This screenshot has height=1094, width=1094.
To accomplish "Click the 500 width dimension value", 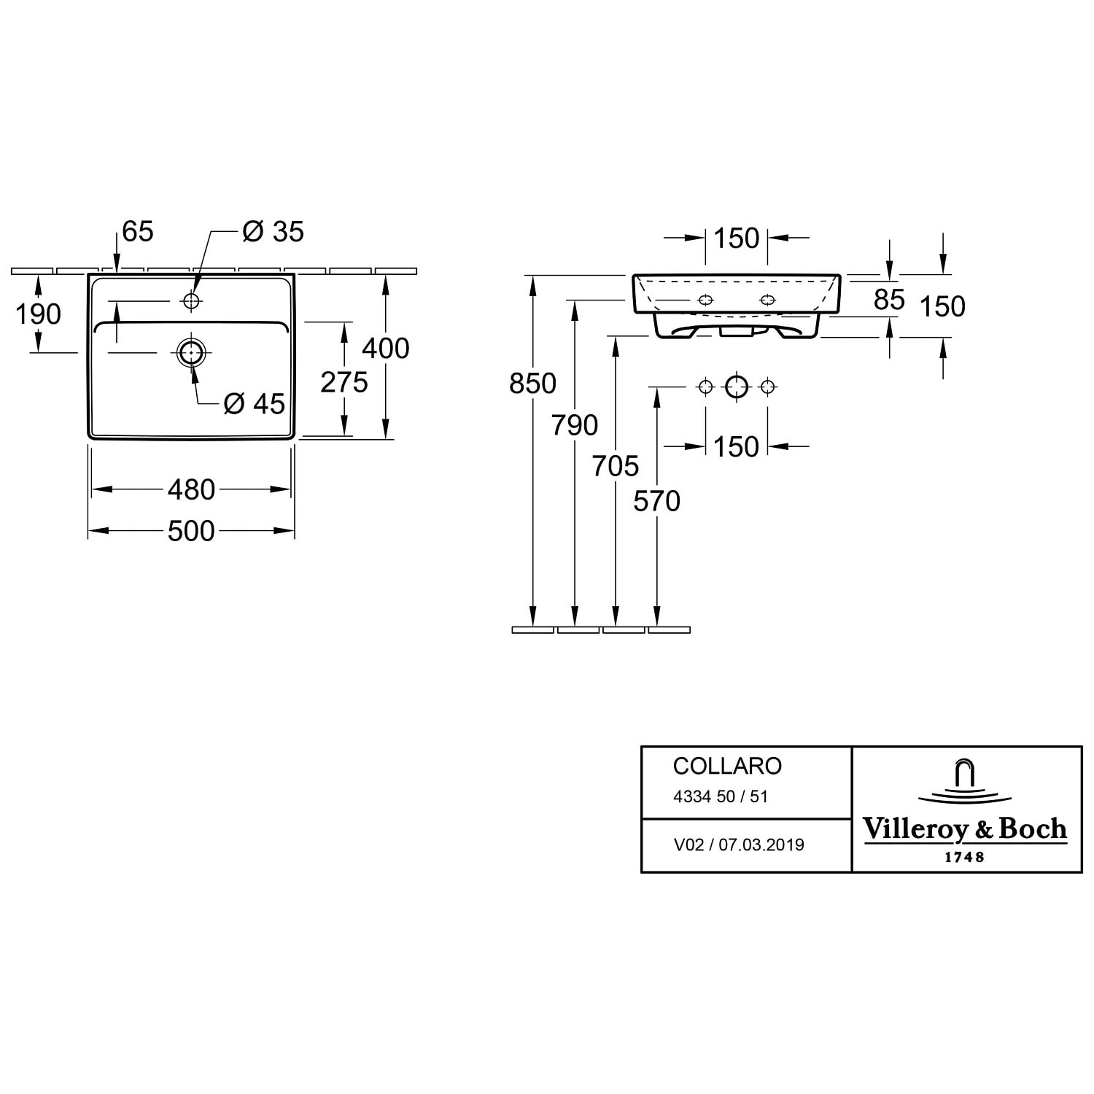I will tap(191, 531).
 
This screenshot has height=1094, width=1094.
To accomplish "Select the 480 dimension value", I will tap(191, 489).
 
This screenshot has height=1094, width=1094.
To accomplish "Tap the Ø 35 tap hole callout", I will tap(273, 232).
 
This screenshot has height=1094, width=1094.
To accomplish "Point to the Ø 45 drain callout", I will tap(255, 403).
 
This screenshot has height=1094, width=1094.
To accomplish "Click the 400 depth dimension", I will tap(386, 348).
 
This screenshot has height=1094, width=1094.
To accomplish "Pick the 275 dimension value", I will tap(344, 381).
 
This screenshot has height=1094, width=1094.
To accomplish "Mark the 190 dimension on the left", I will tap(38, 314).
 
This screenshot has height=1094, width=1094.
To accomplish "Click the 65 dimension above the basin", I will tap(138, 231).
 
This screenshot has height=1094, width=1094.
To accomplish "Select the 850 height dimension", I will tap(533, 383).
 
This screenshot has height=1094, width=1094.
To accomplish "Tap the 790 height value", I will tap(575, 424).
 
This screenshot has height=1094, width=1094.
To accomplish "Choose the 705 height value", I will tap(616, 465).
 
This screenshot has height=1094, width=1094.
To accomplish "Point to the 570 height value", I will tap(656, 501).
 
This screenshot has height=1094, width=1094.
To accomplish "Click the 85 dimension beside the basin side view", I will tap(889, 299).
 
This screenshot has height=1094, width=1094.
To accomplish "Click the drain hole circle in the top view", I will tap(191, 352).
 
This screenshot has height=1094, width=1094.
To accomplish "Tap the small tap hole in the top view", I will tap(191, 300).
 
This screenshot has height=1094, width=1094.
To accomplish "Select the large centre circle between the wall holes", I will tap(737, 387).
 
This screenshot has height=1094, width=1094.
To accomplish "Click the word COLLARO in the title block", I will tap(727, 766).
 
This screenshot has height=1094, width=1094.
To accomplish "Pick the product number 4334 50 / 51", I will tap(720, 796).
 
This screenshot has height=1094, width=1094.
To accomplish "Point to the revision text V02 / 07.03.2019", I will tap(738, 845).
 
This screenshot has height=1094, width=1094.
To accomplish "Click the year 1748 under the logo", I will tap(964, 857).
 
